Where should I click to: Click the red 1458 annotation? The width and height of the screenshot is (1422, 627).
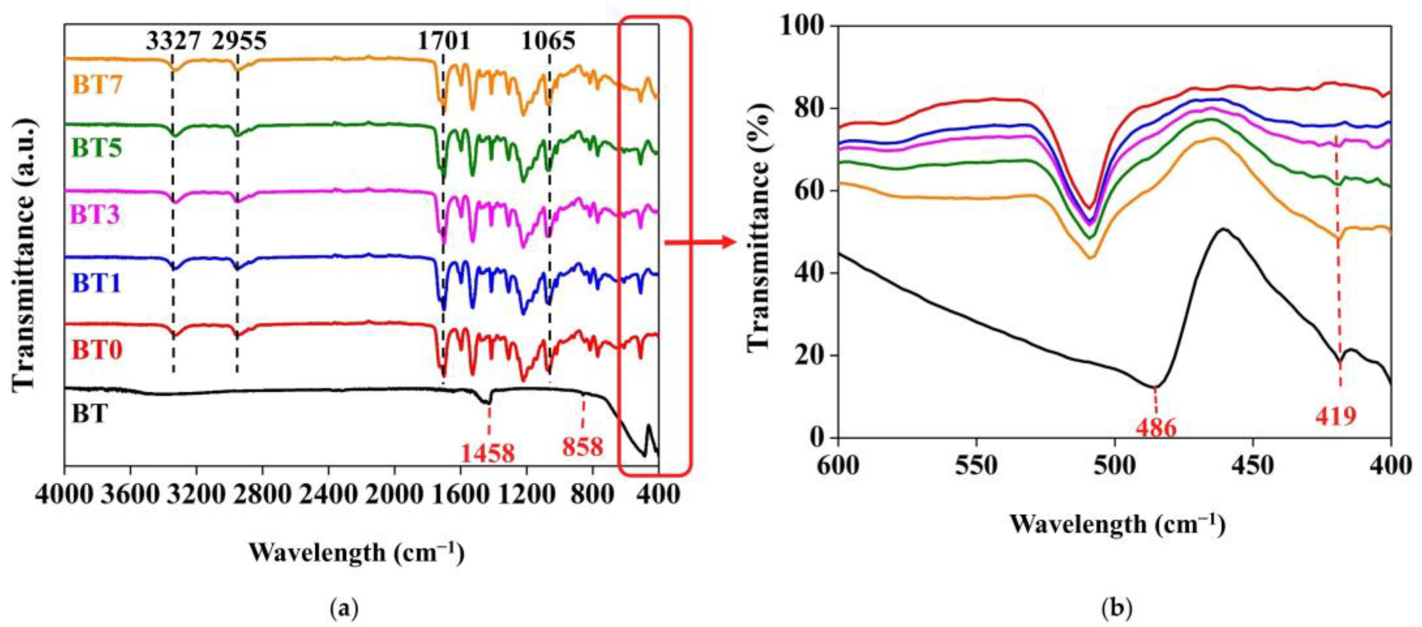click(488, 453)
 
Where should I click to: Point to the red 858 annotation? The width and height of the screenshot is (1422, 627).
click(583, 447)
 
